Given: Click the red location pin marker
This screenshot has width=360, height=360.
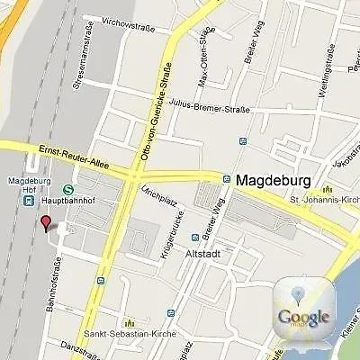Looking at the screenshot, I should (x=46, y=223).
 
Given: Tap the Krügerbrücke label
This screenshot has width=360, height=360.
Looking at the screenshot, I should (x=166, y=242).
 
